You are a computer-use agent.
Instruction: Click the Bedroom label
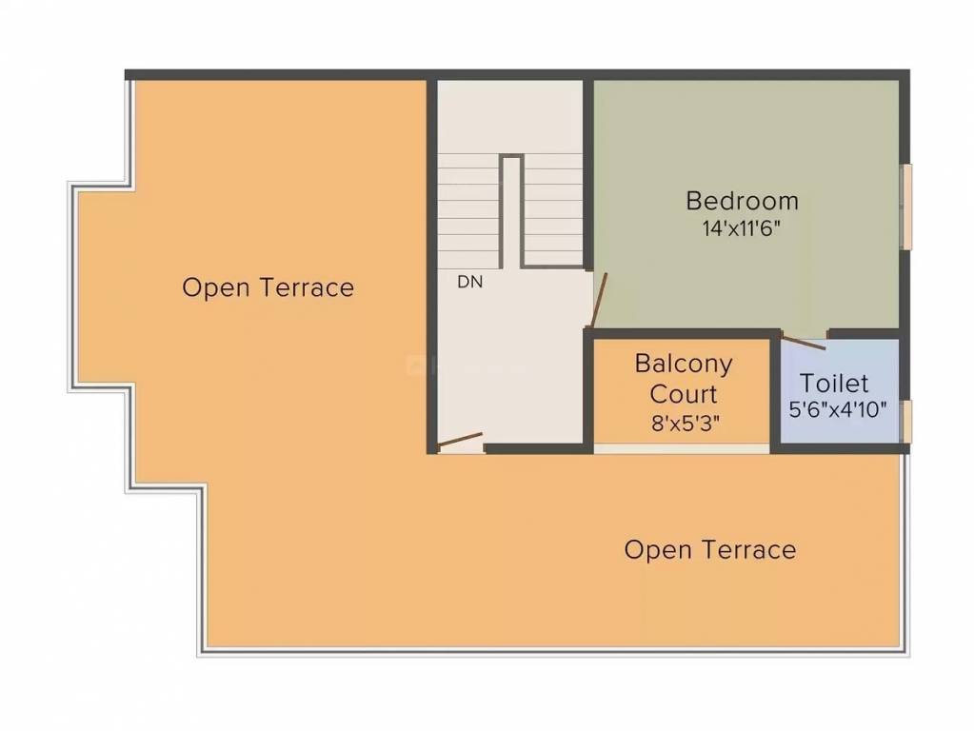tap(742, 201)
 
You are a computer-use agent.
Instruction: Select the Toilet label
tap(834, 384)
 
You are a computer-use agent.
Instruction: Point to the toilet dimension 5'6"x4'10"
tap(838, 410)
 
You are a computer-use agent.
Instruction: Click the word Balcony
tap(684, 364)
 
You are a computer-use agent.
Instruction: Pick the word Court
tap(684, 393)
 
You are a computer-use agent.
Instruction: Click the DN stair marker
tap(469, 282)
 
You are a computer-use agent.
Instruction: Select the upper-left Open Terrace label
tap(268, 287)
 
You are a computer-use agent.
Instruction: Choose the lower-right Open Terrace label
tap(709, 549)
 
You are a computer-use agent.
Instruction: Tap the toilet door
tap(803, 341)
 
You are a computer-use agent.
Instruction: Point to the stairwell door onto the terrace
tap(460, 441)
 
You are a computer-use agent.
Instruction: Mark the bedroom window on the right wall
tap(907, 207)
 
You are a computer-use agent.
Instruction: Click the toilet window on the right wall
tap(907, 422)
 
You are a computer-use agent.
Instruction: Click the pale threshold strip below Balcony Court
tap(681, 448)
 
